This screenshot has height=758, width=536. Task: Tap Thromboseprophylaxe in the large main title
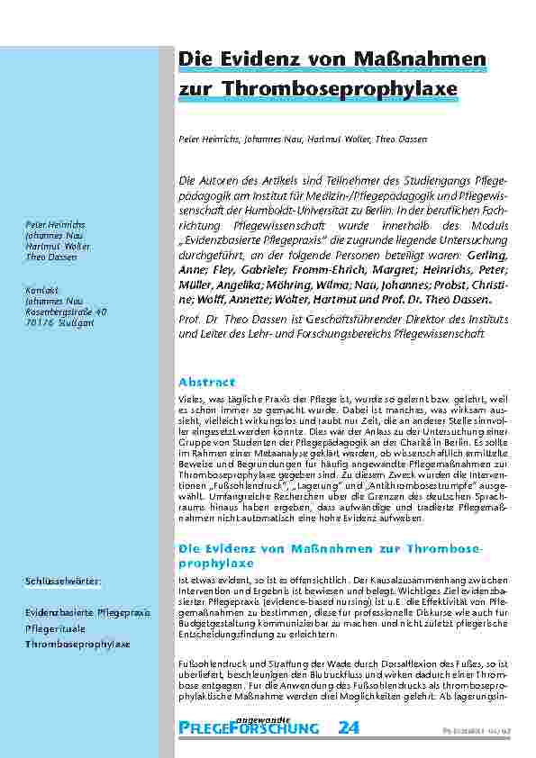coord(352,88)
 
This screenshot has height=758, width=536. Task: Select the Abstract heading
coord(206,382)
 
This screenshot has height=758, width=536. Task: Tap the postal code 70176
coord(36,320)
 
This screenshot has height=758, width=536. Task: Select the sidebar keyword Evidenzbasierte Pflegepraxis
coord(86,612)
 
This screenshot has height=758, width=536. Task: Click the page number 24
coord(347,727)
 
